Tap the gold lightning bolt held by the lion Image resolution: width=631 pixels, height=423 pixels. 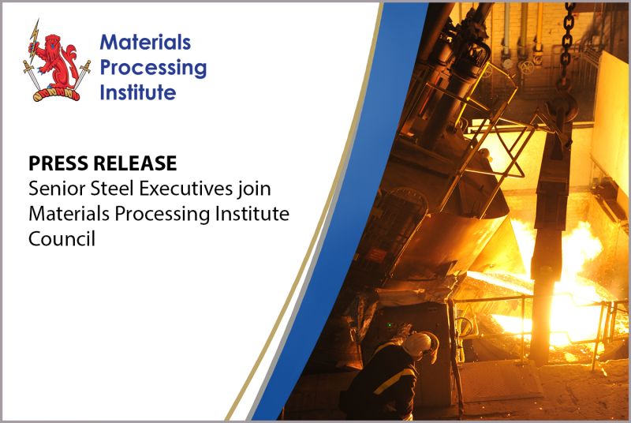tap(32, 32)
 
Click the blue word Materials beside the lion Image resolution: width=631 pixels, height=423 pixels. tap(145, 43)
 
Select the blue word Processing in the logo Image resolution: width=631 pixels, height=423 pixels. tap(153, 68)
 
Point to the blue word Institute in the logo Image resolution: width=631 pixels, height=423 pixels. tap(138, 92)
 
